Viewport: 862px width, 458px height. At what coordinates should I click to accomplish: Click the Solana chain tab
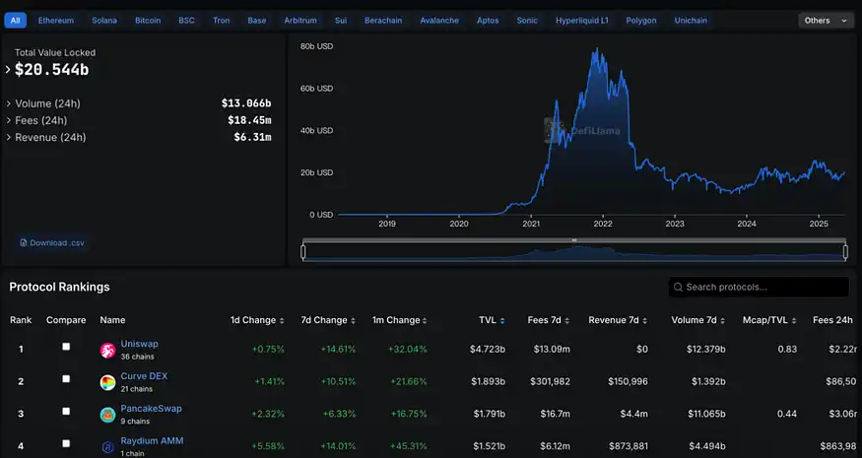pos(103,20)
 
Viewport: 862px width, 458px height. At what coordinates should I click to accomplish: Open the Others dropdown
pos(825,20)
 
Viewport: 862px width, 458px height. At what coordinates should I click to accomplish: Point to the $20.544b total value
pos(51,69)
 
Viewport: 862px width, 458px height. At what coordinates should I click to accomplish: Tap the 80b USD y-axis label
pos(316,46)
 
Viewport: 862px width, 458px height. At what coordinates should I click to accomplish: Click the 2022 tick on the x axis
pos(602,224)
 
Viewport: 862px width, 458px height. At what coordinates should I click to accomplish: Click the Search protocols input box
pos(758,287)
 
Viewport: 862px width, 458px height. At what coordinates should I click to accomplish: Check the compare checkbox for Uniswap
pos(66,347)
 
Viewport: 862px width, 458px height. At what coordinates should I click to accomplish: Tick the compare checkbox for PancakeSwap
pos(66,412)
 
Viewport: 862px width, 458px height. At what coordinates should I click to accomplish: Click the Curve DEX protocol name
pos(144,376)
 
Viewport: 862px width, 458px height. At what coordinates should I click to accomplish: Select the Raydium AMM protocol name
pos(152,440)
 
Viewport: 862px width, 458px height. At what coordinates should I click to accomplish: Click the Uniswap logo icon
pos(107,350)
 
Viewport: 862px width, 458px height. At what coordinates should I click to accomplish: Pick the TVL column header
pos(488,320)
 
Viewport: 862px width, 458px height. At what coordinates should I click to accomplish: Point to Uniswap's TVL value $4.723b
pos(487,349)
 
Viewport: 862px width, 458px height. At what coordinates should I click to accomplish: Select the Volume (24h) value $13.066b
pos(246,103)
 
